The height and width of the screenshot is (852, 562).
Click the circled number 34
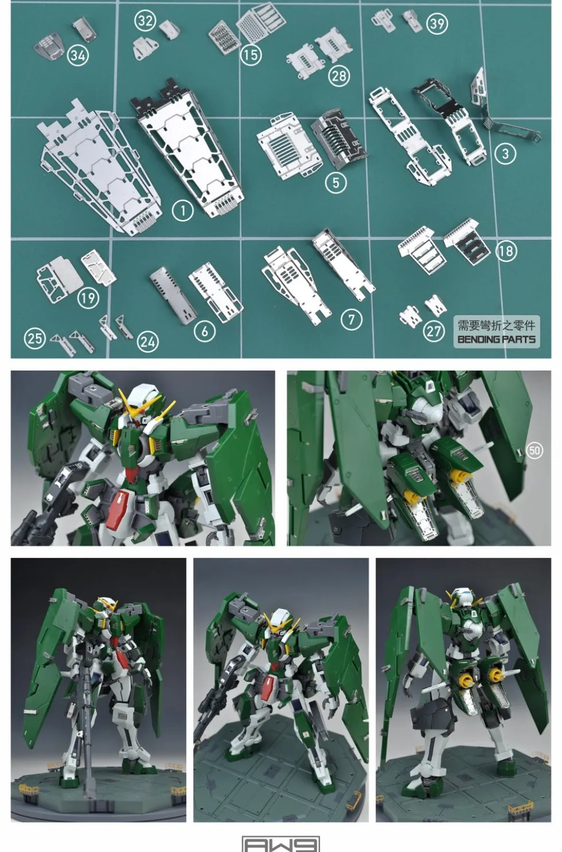click(78, 56)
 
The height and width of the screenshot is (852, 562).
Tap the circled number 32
click(145, 21)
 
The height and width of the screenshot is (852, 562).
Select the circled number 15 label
click(251, 55)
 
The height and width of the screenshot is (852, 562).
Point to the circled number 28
click(339, 76)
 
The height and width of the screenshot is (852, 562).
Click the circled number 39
click(437, 24)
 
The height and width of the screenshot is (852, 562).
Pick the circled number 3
click(505, 154)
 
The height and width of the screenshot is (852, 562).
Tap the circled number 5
click(335, 183)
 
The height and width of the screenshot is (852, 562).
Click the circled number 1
click(182, 210)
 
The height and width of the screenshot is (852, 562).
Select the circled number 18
click(506, 251)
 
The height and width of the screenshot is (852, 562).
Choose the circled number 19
click(88, 298)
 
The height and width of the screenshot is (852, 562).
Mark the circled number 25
click(34, 338)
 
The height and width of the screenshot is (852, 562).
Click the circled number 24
click(147, 342)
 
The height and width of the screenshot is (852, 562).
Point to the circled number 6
click(205, 331)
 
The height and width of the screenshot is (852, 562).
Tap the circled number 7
click(351, 320)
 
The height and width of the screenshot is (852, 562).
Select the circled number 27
click(434, 331)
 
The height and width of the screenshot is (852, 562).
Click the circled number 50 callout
click(534, 451)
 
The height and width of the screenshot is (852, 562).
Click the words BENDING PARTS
click(497, 339)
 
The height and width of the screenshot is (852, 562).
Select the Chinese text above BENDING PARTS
click(497, 326)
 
